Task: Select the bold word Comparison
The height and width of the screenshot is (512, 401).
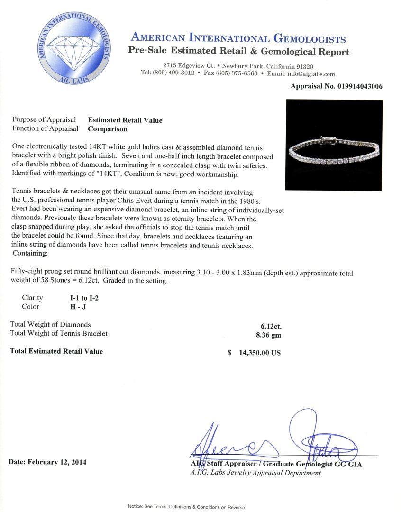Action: coord(108,128)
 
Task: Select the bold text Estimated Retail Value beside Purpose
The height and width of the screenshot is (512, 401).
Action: coord(125,120)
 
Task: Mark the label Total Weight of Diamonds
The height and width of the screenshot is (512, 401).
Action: coord(50,325)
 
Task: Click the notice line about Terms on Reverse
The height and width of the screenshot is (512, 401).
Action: coord(186,507)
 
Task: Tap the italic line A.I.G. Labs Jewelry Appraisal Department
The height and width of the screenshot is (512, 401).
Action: coord(255,473)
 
